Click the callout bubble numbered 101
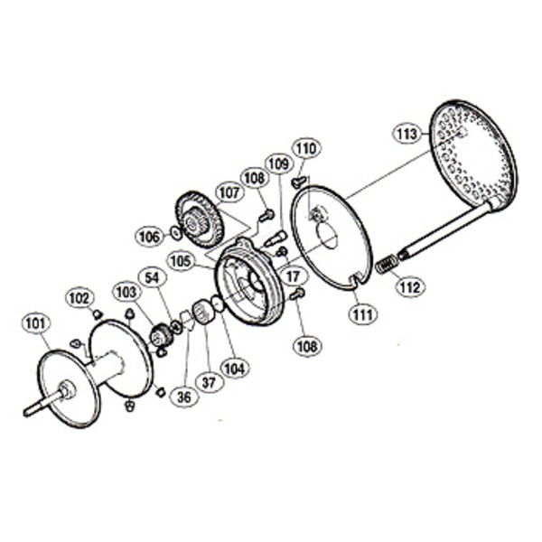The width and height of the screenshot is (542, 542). pos(36,324)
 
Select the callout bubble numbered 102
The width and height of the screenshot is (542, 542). pos(79,298)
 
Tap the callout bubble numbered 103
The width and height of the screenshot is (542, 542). pos(127,293)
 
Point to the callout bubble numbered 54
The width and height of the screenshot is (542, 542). pos(154,278)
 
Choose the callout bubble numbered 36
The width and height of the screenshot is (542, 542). pos(184,397)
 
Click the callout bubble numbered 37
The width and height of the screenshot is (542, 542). pos(209,383)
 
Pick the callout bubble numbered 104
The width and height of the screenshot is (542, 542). pos(234,369)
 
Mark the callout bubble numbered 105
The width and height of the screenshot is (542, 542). pos(181,261)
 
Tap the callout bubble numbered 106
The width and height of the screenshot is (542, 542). pos(150,237)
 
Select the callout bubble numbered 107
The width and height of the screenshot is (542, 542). pos(229,193)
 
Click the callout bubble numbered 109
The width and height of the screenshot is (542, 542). pos(279,164)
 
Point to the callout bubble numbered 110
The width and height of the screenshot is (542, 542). pos(307,149)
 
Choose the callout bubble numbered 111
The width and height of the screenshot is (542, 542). pos(363,314)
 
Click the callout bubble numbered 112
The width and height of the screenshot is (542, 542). pos(411,287)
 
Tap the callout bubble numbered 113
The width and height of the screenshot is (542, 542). pos(406,134)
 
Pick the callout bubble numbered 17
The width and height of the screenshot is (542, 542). pos(293,276)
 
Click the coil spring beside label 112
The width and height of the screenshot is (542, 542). pos(387,264)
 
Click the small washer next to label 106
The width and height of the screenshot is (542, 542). pos(176,233)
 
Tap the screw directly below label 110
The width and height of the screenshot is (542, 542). pos(300,182)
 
